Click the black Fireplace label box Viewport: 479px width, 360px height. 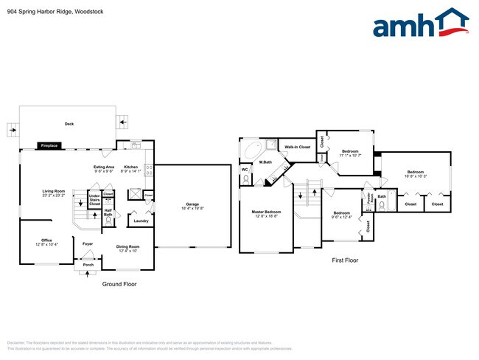(49, 146)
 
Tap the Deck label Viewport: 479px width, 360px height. (69, 124)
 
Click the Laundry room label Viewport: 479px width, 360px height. (141, 221)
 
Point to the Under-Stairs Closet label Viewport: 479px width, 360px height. (94, 200)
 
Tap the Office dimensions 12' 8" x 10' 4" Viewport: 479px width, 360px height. (46, 244)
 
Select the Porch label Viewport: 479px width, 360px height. (88, 265)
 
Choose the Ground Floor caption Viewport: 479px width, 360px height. (119, 284)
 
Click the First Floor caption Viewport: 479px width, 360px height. (346, 259)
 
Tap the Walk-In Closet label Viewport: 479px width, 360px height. (298, 147)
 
